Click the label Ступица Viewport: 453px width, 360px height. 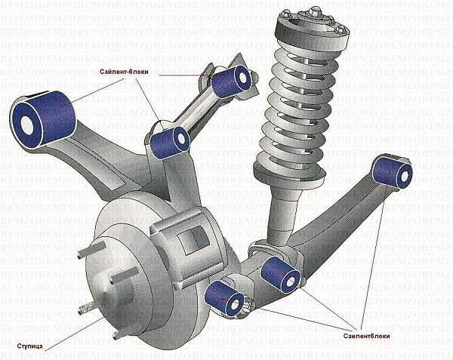point(29,346)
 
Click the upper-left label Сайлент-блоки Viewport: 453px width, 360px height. point(125,72)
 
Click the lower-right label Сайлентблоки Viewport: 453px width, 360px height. point(367,336)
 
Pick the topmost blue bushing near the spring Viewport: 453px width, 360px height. point(231,80)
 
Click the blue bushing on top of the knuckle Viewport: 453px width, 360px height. point(170,141)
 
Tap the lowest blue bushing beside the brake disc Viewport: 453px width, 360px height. point(224,299)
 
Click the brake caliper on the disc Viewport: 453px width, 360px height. point(185,242)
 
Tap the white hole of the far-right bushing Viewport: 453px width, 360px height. point(404,174)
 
